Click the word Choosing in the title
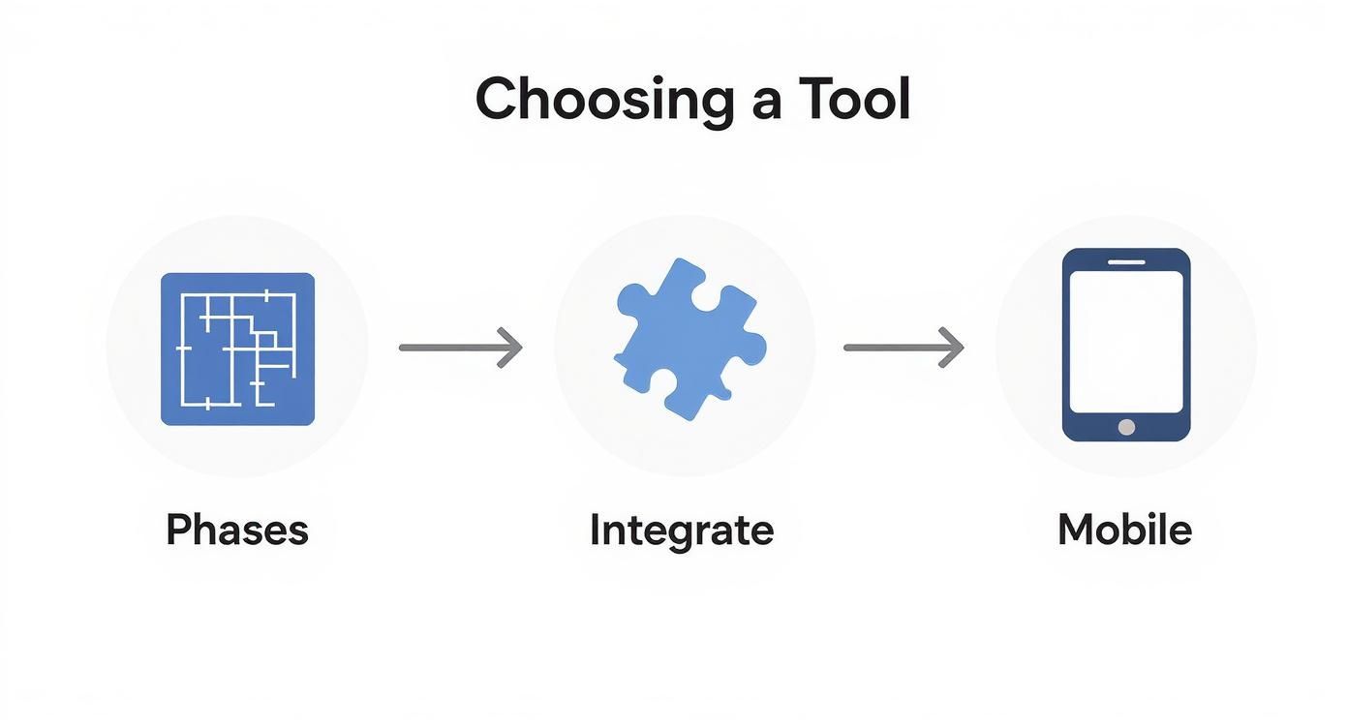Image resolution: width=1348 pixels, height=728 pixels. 605,101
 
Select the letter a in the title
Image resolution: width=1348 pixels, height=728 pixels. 767,106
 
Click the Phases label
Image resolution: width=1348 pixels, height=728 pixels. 237,530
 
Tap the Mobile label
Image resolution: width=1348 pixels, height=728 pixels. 1124,530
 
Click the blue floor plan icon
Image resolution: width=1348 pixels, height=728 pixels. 237,349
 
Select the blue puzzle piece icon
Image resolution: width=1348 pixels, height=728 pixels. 690,340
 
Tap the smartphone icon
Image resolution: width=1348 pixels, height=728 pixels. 1126,345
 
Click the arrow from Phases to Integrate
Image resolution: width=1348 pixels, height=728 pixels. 460,348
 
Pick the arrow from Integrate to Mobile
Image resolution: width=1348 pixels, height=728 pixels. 904,348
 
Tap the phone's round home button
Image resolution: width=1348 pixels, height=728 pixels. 1126,427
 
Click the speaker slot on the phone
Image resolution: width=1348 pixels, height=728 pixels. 1126,261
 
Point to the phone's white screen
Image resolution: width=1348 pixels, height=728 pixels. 1126,342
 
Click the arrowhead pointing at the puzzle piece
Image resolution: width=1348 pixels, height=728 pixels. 511,348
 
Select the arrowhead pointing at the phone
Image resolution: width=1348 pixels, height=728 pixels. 953,348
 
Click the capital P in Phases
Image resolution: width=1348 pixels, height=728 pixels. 178,530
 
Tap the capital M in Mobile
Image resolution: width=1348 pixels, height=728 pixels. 1076,530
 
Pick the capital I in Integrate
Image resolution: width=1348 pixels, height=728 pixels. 596,530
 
